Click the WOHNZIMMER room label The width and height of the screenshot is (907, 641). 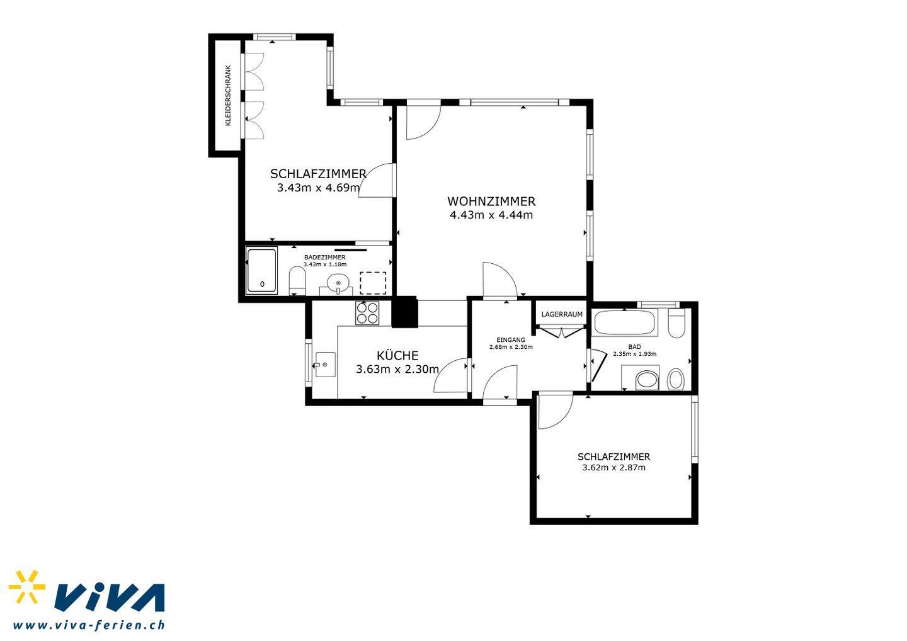[x=491, y=201]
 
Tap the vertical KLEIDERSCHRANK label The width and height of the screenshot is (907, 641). [x=228, y=96]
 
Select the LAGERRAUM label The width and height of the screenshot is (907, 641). [x=562, y=314]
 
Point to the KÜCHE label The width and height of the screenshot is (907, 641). [x=397, y=355]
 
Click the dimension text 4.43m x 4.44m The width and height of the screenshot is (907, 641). [x=491, y=215]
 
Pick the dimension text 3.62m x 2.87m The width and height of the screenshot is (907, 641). [x=613, y=468]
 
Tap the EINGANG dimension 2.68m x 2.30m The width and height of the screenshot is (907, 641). [x=511, y=347]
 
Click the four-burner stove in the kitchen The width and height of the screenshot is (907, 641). [x=367, y=313]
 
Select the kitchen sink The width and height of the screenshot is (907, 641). [x=325, y=364]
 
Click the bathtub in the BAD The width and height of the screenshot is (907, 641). [x=624, y=322]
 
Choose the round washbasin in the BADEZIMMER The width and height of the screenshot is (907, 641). [x=338, y=283]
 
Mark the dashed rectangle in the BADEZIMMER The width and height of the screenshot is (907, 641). [x=372, y=283]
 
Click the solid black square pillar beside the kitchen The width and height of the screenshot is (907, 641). [x=404, y=312]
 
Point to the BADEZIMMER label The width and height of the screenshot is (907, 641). [x=325, y=258]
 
